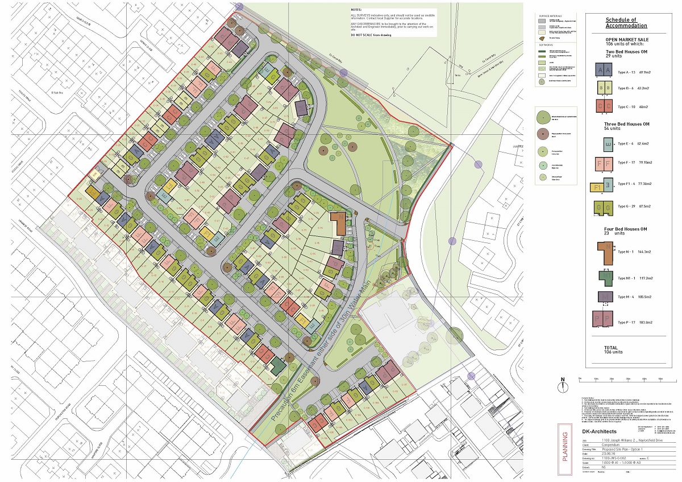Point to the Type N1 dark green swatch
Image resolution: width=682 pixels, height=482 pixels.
click(x=605, y=278)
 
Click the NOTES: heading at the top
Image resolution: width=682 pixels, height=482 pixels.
click(x=356, y=10)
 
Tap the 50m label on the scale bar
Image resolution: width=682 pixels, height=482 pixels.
click(x=660, y=378)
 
